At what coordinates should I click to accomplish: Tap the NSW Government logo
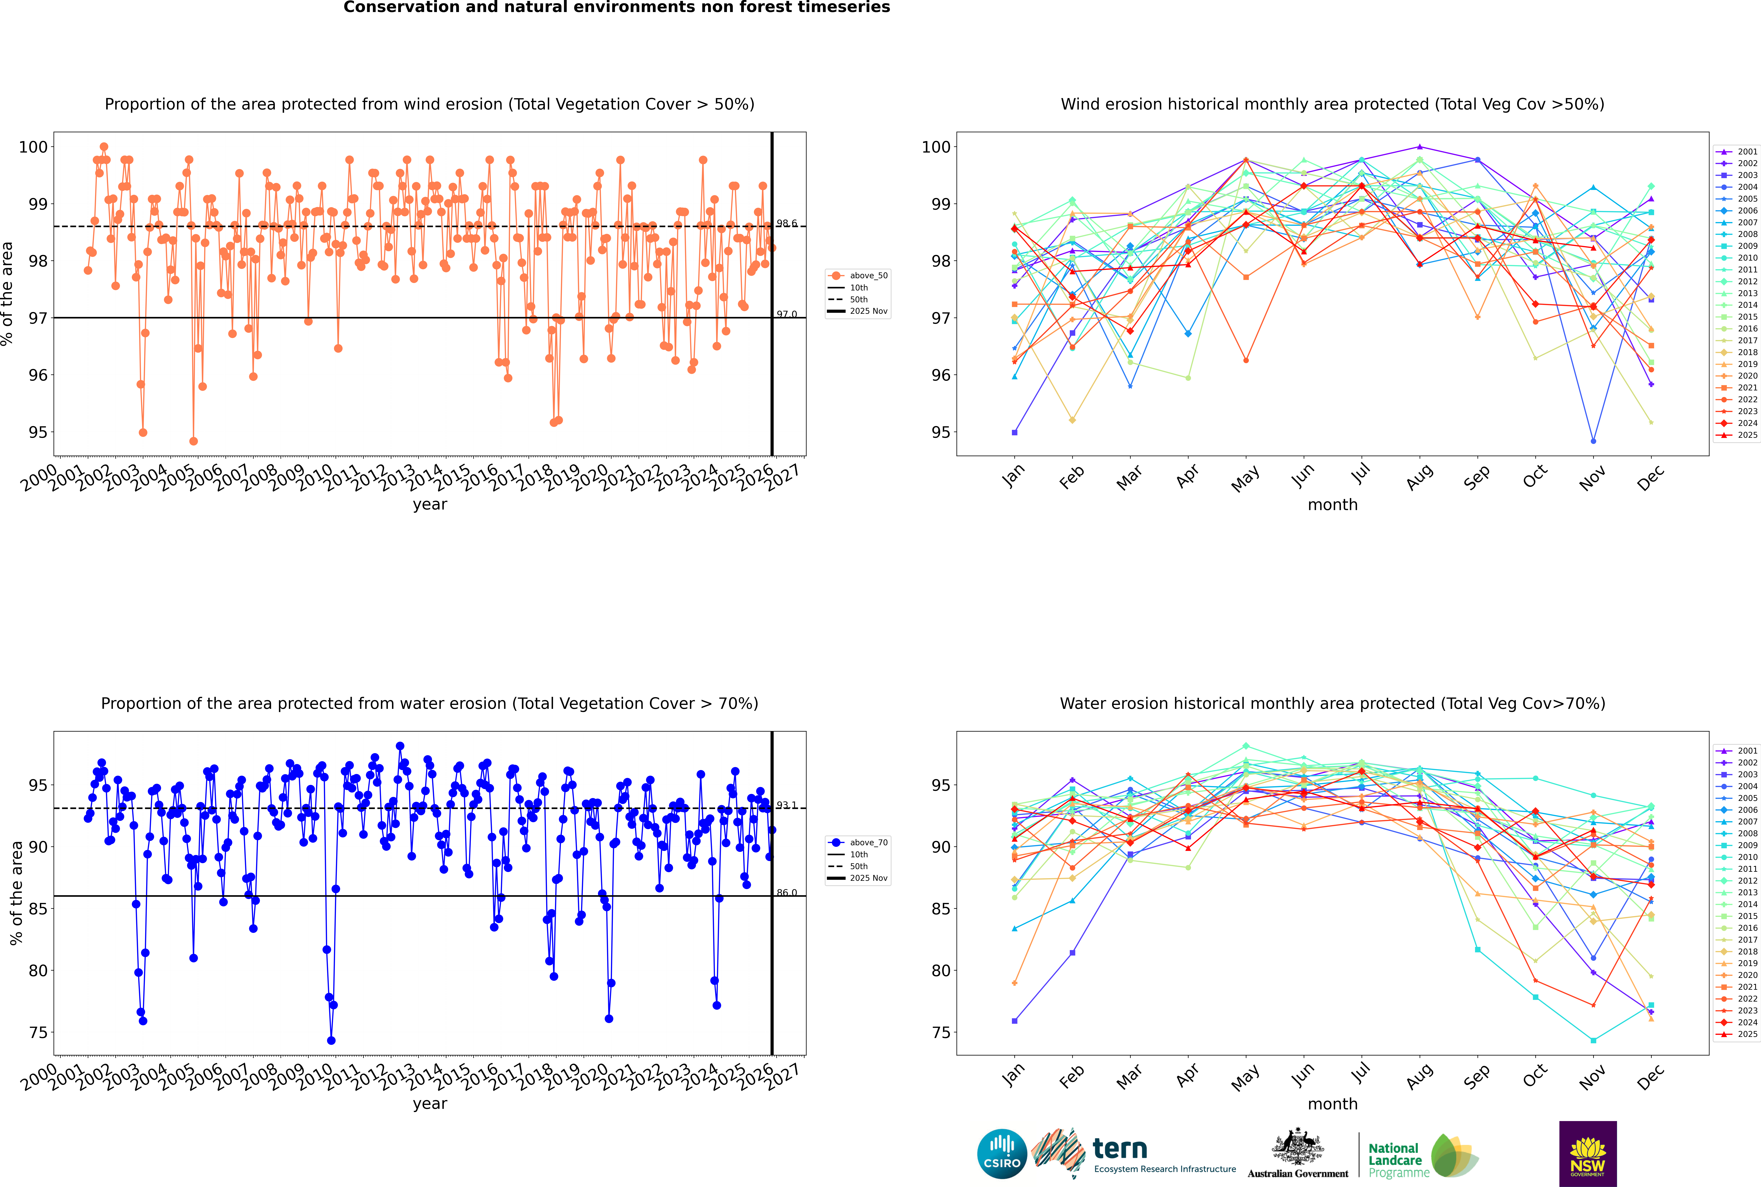[x=1588, y=1153]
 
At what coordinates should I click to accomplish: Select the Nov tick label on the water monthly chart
[x=1592, y=1077]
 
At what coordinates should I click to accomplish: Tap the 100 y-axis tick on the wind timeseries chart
[x=33, y=147]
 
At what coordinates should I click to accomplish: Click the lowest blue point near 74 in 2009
[x=331, y=1040]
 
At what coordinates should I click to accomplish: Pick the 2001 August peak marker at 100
[x=1420, y=147]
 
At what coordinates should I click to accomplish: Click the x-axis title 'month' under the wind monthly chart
[x=1332, y=505]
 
